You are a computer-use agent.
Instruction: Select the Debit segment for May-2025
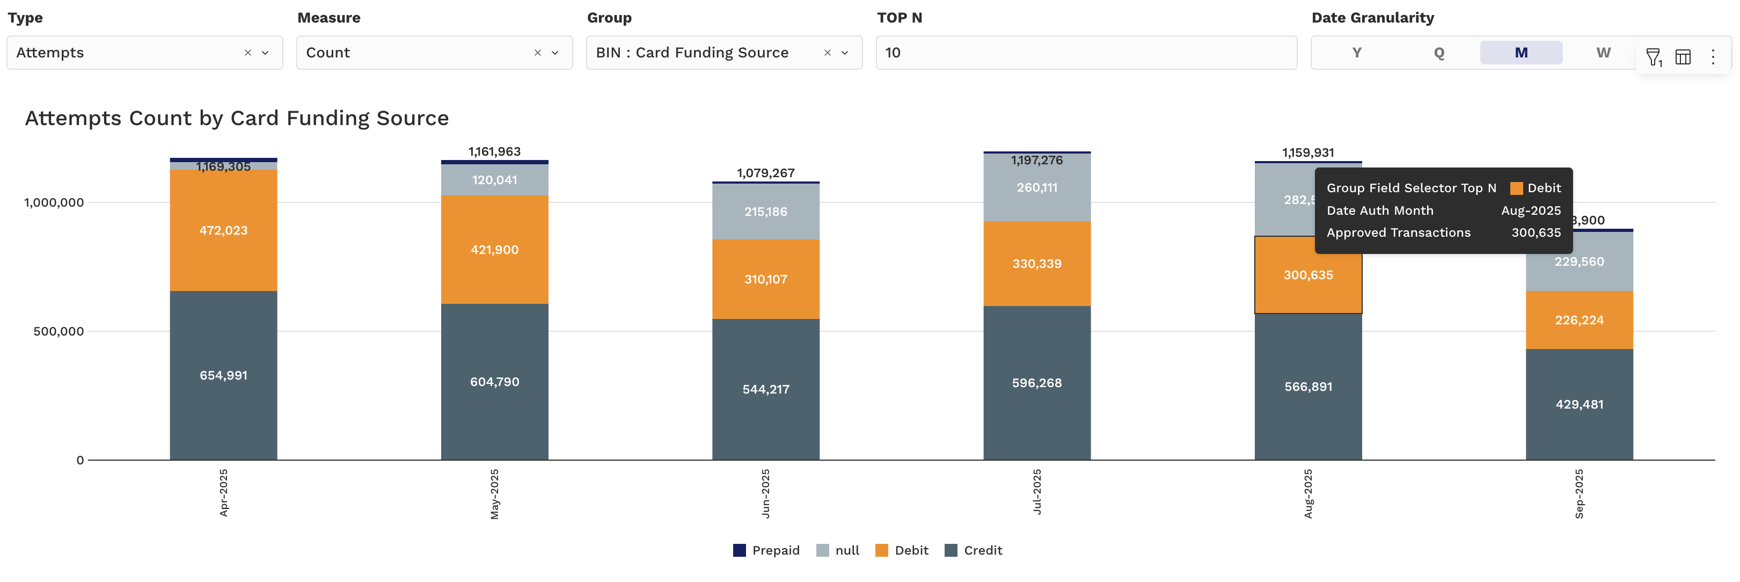[494, 250]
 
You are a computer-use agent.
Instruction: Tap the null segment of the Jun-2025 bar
[765, 211]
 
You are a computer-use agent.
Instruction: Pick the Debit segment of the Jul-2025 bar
[1036, 264]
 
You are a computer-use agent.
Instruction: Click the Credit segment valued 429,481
[1578, 404]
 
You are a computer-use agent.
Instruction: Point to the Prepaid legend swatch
[740, 550]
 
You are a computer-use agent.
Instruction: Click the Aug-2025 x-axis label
[1308, 493]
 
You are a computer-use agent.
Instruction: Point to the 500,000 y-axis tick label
[59, 331]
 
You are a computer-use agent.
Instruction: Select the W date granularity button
[1603, 53]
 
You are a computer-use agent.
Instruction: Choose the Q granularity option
[1439, 53]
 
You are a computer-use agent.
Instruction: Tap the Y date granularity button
[1356, 53]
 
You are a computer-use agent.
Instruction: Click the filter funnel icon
[1653, 57]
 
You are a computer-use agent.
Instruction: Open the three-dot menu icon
[1712, 57]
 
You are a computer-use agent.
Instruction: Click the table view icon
[1683, 57]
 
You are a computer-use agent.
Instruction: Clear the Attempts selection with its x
[248, 53]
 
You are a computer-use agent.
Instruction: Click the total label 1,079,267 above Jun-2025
[765, 173]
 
